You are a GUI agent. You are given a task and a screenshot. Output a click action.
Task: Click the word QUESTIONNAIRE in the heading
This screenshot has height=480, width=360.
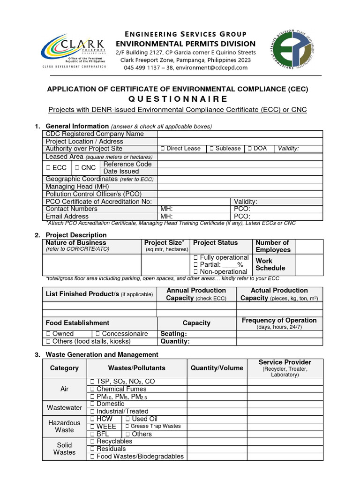pos(180,99)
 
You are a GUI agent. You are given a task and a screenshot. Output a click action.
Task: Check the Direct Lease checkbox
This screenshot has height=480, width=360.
pos(162,149)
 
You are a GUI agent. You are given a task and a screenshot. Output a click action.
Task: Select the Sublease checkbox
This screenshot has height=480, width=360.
pos(212,149)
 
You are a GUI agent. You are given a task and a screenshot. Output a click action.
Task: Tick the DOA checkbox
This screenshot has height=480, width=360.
pos(250,149)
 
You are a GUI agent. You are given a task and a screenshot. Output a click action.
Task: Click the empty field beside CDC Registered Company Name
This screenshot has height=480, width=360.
pos(240,134)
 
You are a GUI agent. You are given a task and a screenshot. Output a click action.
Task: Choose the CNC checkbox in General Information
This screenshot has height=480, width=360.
pos(77,168)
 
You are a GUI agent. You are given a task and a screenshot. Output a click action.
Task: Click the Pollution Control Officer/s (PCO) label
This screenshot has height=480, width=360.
pos(93,194)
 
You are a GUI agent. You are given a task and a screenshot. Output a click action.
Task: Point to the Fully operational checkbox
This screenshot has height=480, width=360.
pos(195,258)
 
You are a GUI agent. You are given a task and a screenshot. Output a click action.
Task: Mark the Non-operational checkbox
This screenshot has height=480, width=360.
pos(195,272)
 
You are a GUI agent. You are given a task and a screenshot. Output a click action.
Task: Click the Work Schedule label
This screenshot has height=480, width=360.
pos(270,264)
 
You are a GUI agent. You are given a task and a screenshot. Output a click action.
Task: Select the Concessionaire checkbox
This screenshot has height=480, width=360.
pos(98,334)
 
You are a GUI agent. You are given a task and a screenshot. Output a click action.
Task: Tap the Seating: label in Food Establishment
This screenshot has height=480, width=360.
pos(173,334)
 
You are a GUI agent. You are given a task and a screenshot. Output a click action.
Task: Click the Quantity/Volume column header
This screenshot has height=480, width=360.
pos(217,368)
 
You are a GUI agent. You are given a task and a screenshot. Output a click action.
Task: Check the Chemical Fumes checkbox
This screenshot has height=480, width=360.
pos(93,389)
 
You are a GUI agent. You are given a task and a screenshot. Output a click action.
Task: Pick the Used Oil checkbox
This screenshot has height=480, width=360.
pos(128,419)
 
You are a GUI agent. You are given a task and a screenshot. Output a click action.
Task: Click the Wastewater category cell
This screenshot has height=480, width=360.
pos(64,408)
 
